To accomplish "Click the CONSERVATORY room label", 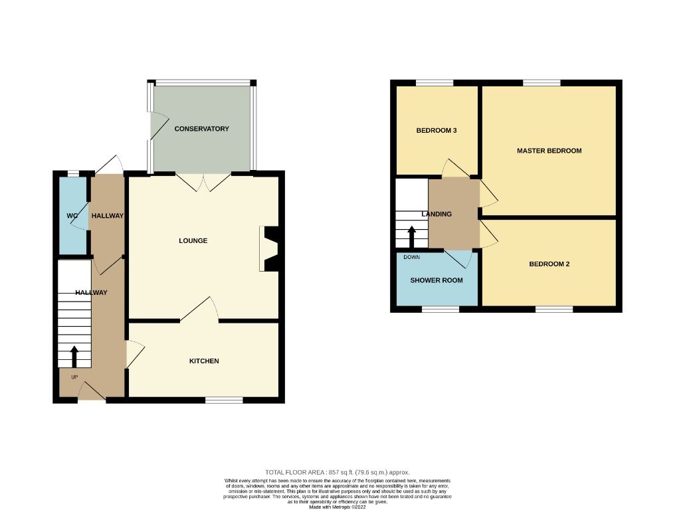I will click(x=201, y=129).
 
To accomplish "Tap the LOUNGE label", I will click(x=193, y=240).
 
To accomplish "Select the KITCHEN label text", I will click(x=204, y=361).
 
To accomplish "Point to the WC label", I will click(x=72, y=216).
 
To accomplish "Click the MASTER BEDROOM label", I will click(x=549, y=151).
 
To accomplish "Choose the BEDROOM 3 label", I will click(x=436, y=131).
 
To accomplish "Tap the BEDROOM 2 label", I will click(x=549, y=264).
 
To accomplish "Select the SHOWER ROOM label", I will click(x=436, y=280).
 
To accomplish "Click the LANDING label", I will click(x=436, y=214).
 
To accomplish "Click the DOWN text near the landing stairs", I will click(x=411, y=257).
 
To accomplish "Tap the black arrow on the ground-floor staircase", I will click(x=74, y=356).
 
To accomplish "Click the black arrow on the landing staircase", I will click(x=411, y=236).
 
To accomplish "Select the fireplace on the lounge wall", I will click(x=270, y=249).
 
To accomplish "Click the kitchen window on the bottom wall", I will click(x=224, y=400).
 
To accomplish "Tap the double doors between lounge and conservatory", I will click(x=203, y=182).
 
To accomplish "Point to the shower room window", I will click(x=440, y=309).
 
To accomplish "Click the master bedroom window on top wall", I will click(x=541, y=82).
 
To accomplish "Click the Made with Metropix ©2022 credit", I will click(x=337, y=507).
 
